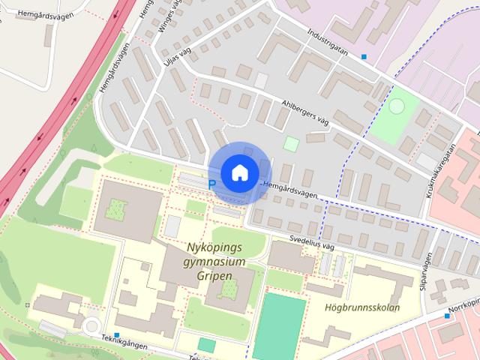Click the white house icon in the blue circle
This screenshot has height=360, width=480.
(x=238, y=172)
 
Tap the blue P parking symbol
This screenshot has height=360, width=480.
(x=211, y=184)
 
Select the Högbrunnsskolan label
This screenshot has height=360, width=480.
(x=363, y=307)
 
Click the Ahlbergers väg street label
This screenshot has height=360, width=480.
(x=305, y=112)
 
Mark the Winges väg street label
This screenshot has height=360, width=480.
(x=171, y=16)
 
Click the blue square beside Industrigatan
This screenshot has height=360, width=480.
(x=364, y=56)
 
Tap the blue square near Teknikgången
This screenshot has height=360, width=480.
(x=117, y=334)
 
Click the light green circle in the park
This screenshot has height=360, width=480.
(x=395, y=107)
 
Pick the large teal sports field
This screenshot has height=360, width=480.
(x=279, y=326)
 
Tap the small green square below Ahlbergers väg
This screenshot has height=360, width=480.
(x=291, y=143)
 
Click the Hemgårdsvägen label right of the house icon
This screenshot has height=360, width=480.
(x=288, y=188)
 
